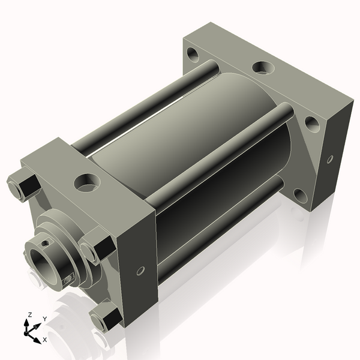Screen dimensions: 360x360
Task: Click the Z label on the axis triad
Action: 30,315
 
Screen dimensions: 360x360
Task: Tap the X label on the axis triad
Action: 45,340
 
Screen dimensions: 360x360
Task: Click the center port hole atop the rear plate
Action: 261,68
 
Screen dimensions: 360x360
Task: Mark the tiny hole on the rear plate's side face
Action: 329,159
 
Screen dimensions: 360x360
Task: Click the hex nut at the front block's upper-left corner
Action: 22,186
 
